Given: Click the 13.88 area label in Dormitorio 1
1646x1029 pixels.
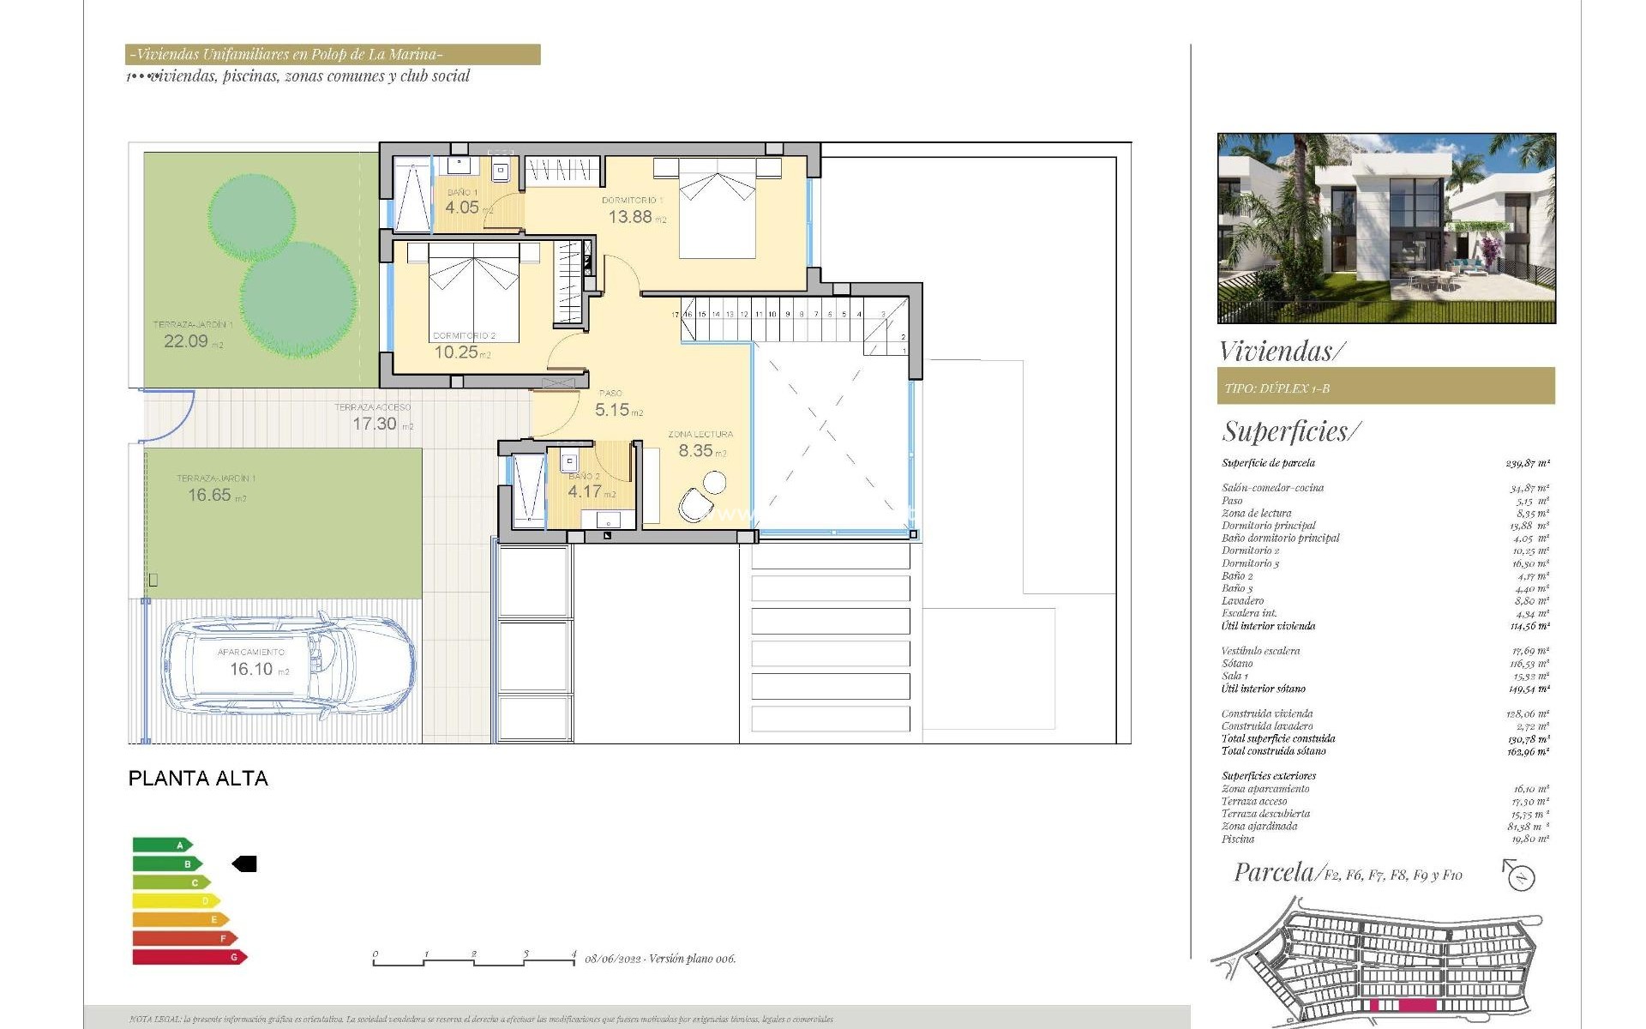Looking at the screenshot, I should (630, 217).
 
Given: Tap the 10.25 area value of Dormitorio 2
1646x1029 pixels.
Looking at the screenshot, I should (455, 352).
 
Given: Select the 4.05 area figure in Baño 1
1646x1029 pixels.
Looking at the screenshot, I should (462, 208).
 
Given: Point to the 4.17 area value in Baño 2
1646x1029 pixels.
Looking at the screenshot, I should (585, 492).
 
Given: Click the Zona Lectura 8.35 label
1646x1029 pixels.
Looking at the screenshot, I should (695, 451).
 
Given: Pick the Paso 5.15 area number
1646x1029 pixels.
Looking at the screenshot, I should (612, 411).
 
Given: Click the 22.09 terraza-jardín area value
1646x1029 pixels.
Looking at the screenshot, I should (186, 341).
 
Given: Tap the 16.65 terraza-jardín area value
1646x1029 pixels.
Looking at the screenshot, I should (209, 496).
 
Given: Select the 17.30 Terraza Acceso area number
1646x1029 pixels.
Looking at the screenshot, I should (375, 424).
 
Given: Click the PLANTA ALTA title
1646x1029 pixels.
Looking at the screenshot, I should (198, 779).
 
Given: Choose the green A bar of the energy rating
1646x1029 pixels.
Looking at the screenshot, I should (161, 845).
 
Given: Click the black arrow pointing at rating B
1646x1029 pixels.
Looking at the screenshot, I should (245, 864).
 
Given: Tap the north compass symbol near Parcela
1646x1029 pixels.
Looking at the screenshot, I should (1520, 876).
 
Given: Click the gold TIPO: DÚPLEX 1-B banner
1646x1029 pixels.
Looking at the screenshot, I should (1385, 387).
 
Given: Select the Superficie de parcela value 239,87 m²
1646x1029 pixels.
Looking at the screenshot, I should (1527, 463).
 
